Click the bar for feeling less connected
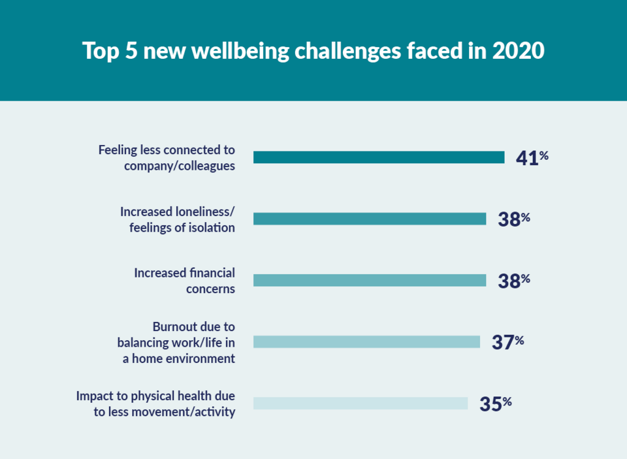pyautogui.click(x=379, y=157)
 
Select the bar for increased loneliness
pyautogui.click(x=370, y=219)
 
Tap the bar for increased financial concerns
pyautogui.click(x=370, y=280)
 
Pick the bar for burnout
pyautogui.click(x=366, y=341)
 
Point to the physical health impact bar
pyautogui.click(x=361, y=404)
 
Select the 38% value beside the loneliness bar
pyautogui.click(x=513, y=219)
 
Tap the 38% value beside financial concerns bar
pyautogui.click(x=513, y=280)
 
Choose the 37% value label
pyautogui.click(x=507, y=341)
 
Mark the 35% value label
pyautogui.click(x=494, y=404)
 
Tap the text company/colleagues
pyautogui.click(x=180, y=166)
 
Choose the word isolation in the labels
pyautogui.click(x=212, y=227)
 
